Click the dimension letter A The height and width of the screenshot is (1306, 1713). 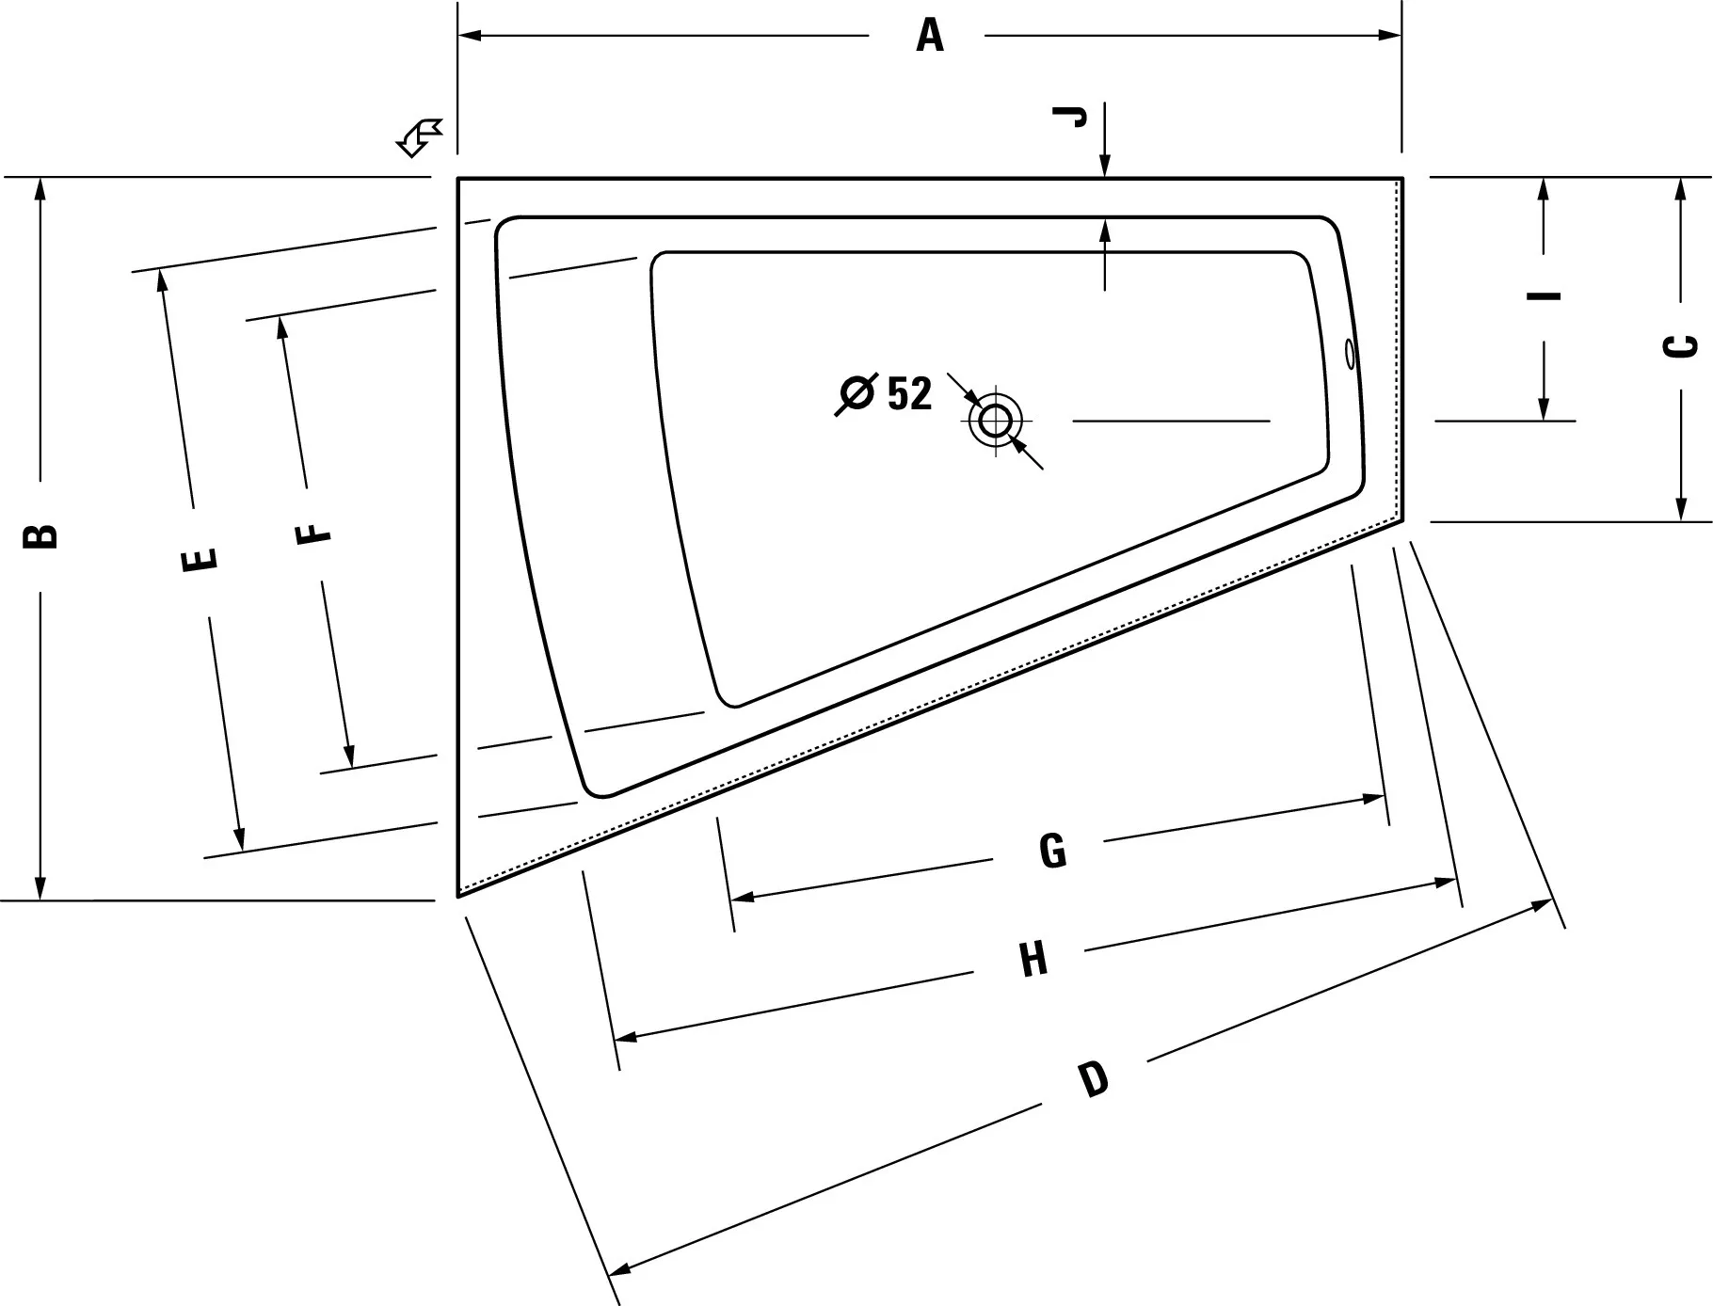pyautogui.click(x=930, y=36)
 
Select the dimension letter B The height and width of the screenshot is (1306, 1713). pyautogui.click(x=40, y=535)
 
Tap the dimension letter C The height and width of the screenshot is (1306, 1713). pyautogui.click(x=1681, y=346)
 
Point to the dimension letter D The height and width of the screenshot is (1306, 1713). pyautogui.click(x=1094, y=1078)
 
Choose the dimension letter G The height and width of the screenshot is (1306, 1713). pyautogui.click(x=1052, y=851)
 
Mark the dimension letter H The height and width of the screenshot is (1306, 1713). pyautogui.click(x=1033, y=961)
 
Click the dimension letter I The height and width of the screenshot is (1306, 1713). pyautogui.click(x=1544, y=295)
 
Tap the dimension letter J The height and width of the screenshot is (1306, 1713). pyautogui.click(x=1070, y=117)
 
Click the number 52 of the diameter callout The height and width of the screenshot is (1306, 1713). pyautogui.click(x=909, y=393)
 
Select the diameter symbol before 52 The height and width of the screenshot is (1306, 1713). pyautogui.click(x=856, y=393)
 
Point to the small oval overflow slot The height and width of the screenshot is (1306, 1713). pyautogui.click(x=1351, y=353)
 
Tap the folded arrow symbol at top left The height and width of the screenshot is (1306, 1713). pyautogui.click(x=419, y=137)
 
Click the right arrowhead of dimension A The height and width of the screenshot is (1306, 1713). pyautogui.click(x=1390, y=36)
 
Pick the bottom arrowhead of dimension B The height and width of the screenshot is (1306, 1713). pyautogui.click(x=40, y=887)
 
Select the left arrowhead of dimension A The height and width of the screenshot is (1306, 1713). pyautogui.click(x=470, y=36)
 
